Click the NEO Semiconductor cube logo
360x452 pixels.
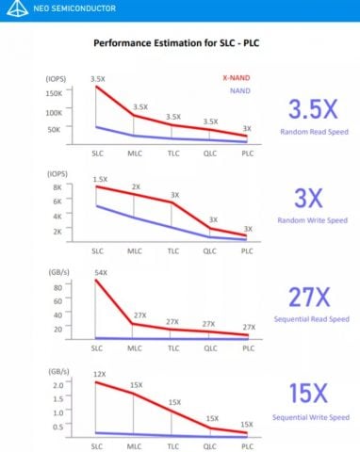(x=13, y=8)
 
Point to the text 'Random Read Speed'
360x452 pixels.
(x=313, y=131)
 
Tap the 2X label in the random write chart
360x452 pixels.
(x=136, y=186)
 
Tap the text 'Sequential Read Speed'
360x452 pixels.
(x=313, y=320)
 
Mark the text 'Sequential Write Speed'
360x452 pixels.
(x=313, y=416)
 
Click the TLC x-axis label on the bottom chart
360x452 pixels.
(x=172, y=445)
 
